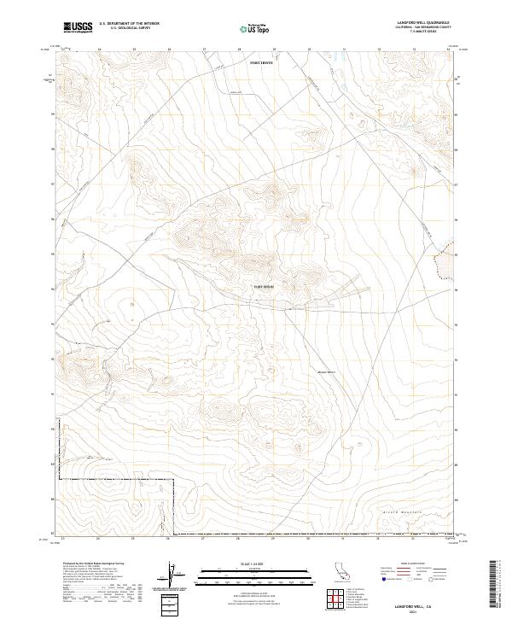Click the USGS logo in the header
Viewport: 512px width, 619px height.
(x=78, y=27)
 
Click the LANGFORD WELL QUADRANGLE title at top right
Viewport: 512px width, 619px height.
(x=423, y=23)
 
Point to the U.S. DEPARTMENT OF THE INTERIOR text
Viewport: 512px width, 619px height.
(x=129, y=24)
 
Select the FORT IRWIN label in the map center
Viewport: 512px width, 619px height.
(x=265, y=287)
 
